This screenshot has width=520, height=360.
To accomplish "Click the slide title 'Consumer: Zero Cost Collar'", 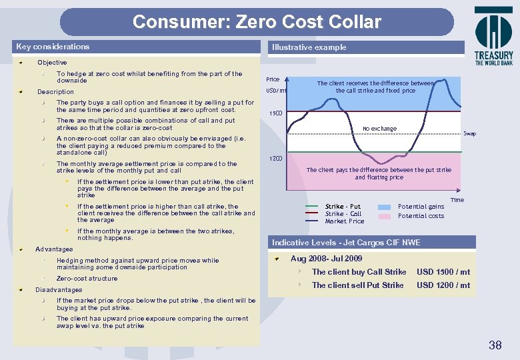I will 257,22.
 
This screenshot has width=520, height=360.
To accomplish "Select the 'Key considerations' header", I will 53,47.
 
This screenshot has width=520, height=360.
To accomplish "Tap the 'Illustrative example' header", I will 309,47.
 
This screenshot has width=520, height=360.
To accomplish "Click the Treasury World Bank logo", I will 493,36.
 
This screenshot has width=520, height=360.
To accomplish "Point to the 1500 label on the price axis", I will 275,113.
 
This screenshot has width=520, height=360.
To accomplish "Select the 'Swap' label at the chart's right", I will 470,134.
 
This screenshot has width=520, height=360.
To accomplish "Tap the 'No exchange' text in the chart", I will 379,129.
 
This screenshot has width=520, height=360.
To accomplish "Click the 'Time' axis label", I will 457,200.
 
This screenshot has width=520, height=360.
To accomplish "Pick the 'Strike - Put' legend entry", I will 343,207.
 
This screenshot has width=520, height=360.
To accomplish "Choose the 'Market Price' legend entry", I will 345,221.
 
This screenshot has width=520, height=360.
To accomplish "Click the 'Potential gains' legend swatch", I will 385,207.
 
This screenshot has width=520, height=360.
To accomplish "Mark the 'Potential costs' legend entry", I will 421,216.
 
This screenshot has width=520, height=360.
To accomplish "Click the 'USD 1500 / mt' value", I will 443,272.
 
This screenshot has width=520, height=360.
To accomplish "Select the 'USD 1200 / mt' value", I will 443,285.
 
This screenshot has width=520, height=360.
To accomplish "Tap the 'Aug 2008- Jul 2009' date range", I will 326,259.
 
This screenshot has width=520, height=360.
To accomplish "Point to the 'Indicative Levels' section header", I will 346,243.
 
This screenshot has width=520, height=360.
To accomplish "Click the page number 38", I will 495,345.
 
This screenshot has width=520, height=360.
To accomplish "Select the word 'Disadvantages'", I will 59,290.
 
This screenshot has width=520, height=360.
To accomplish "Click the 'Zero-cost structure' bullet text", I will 87,279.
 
